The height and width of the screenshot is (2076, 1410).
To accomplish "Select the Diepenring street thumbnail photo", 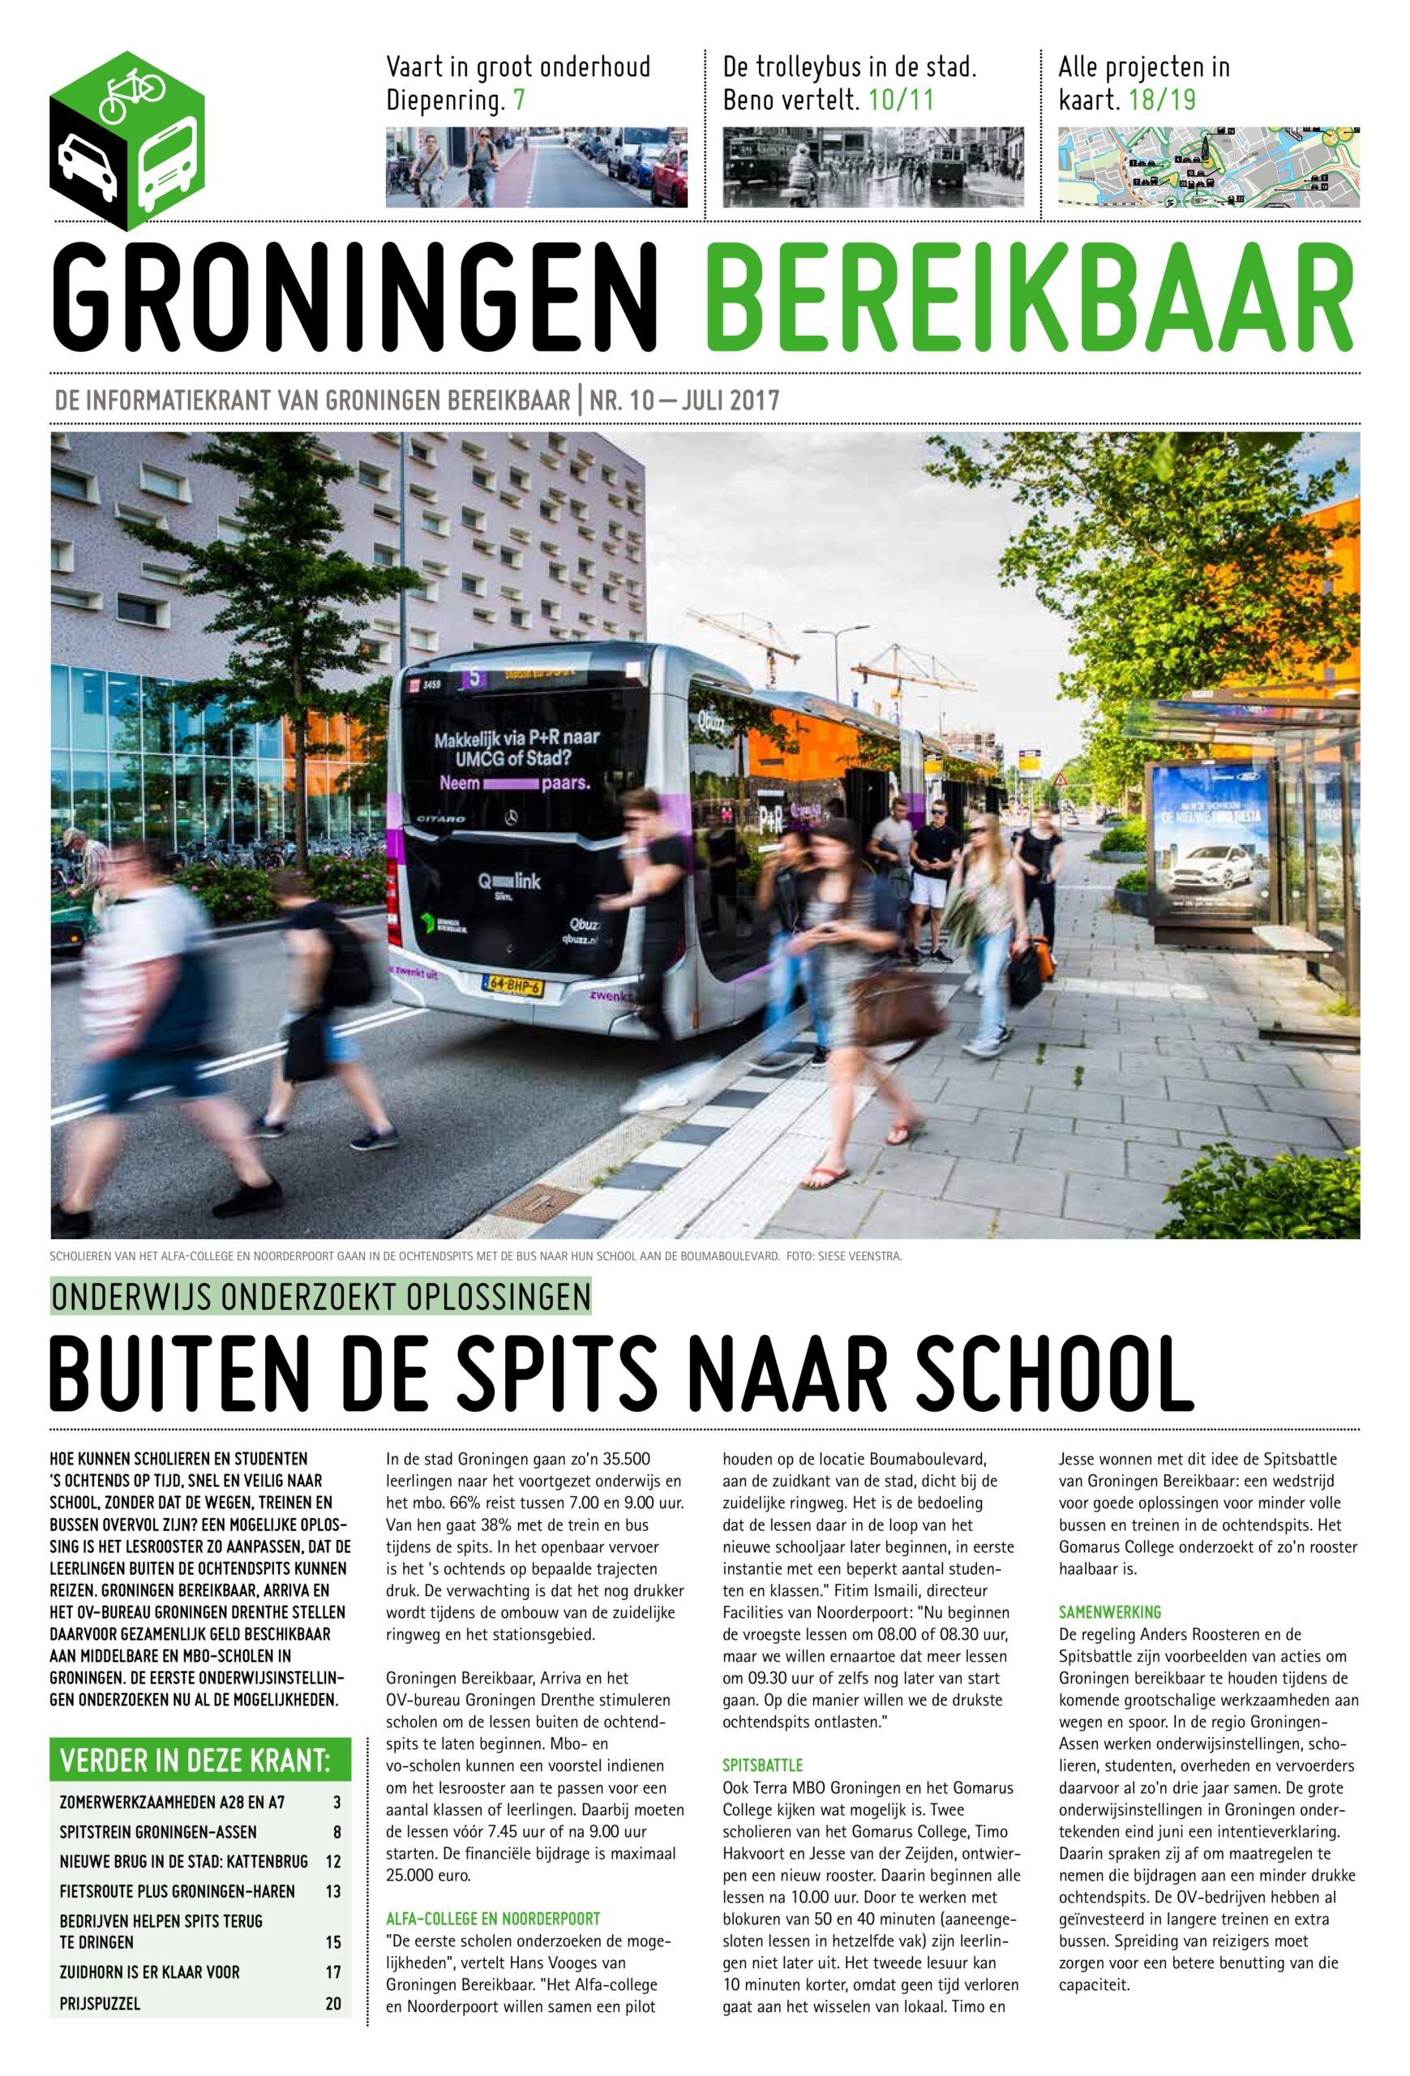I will [x=537, y=167].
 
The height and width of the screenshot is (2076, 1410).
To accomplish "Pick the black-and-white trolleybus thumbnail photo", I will [x=873, y=167].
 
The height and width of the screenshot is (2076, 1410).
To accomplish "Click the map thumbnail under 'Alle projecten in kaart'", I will [x=1208, y=167].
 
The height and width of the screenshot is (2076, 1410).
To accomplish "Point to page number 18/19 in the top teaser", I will [x=1162, y=100].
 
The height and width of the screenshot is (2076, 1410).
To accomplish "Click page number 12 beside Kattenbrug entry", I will [x=333, y=1862].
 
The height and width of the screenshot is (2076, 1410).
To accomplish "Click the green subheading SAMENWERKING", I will [x=1109, y=1612].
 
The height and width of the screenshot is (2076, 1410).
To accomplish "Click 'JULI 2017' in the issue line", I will [x=730, y=400].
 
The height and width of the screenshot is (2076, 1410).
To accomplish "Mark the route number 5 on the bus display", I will [x=475, y=678].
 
